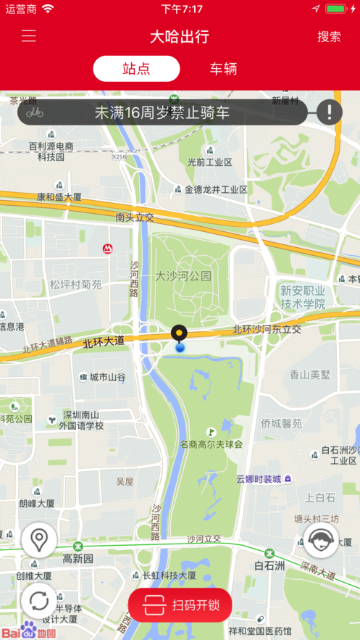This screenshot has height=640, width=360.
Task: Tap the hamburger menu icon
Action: [x=29, y=36]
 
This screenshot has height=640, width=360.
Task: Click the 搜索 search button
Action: [x=329, y=36]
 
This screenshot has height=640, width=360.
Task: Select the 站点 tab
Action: [x=136, y=69]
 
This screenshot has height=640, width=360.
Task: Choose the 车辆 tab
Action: [x=223, y=69]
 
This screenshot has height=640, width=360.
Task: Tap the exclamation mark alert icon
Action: [x=330, y=112]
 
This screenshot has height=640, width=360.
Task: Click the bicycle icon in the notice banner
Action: [x=35, y=112]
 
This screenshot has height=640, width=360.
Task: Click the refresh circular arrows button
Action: [x=39, y=601]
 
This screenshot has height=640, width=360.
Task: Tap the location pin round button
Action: [x=39, y=540]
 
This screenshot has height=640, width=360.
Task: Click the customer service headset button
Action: [x=320, y=540]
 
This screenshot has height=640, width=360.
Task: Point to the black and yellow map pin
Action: [x=179, y=334]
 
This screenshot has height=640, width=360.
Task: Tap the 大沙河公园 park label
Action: [x=183, y=276]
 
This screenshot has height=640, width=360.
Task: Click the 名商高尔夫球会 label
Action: [x=211, y=444]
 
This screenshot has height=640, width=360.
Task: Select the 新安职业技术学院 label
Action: [x=303, y=297]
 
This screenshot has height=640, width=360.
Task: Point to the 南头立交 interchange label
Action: [x=135, y=217]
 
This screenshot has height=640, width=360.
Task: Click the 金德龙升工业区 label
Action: [x=216, y=190]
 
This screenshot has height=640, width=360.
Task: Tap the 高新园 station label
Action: [x=78, y=559]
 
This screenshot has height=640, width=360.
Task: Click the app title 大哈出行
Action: [x=179, y=36]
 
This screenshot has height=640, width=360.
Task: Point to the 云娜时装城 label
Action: [x=259, y=479]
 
